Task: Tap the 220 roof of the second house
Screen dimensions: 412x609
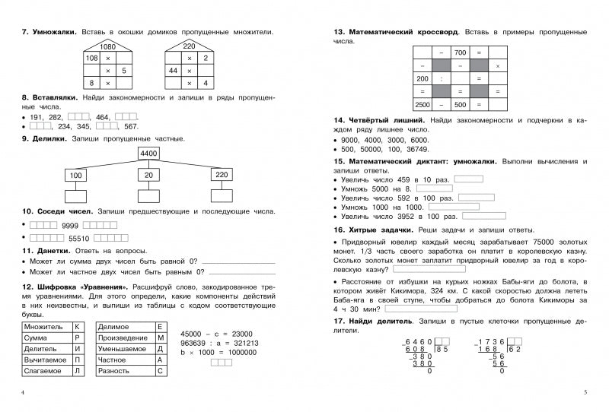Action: point(189,47)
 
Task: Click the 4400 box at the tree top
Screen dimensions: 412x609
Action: point(148,154)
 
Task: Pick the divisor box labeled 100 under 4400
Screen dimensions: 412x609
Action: point(75,176)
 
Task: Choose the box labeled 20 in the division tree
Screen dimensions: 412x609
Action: point(148,176)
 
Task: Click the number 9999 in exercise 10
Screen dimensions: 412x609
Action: point(70,225)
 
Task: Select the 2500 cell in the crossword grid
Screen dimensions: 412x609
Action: point(422,104)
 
